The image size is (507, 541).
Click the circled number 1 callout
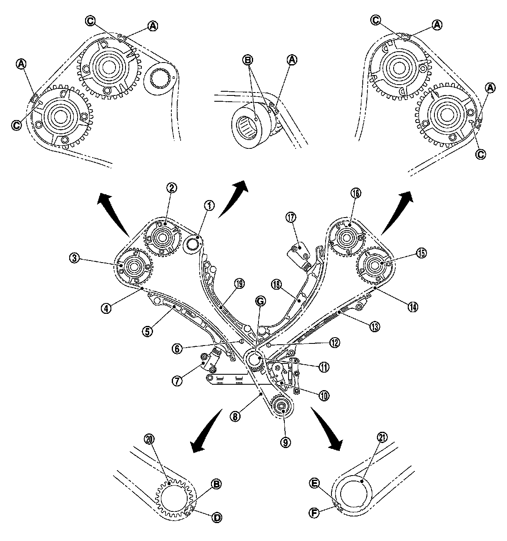(x=209, y=206)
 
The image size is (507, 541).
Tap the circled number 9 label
(x=285, y=442)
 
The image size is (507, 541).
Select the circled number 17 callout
(x=291, y=218)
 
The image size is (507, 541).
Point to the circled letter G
(x=260, y=301)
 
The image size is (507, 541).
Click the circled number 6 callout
(x=177, y=349)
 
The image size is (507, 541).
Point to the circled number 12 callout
(x=335, y=343)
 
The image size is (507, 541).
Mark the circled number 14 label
(x=413, y=307)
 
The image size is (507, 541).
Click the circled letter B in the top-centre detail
(x=248, y=60)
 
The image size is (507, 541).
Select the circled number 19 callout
(x=239, y=284)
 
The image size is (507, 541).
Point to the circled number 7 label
(x=177, y=381)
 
